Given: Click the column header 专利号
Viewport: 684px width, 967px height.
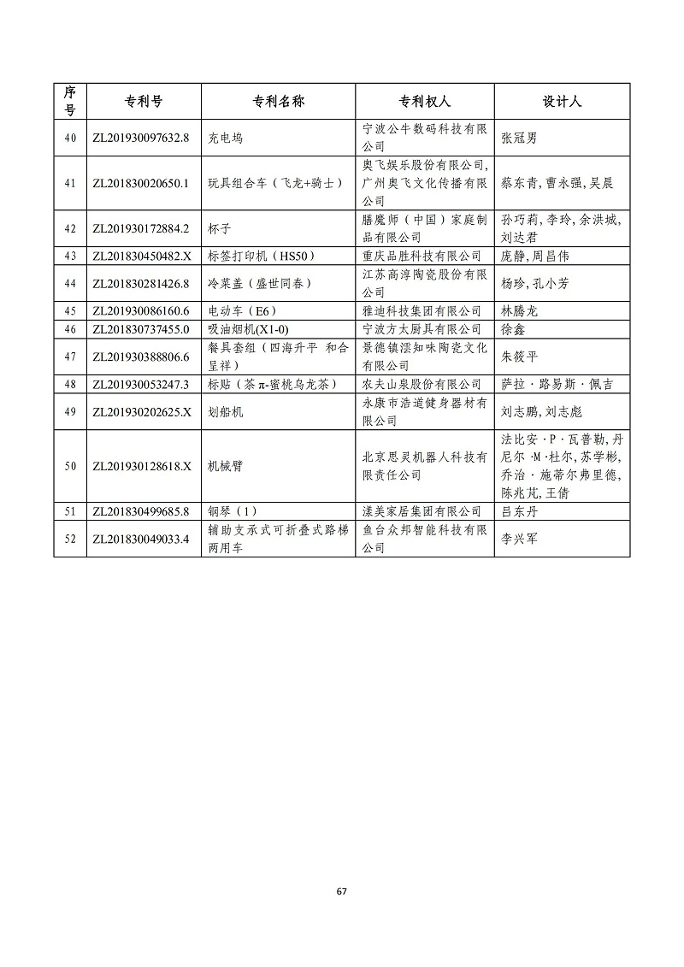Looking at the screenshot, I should pos(144,101).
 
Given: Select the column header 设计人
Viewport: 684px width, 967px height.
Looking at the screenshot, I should pos(562,101).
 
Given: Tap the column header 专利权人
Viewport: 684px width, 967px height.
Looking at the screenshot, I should pos(424,101).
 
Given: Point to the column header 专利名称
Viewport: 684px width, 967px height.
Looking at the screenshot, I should pos(278,101).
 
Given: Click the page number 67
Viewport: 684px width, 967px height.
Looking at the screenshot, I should pos(342,891).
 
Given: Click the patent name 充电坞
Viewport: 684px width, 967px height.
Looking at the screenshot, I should pos(226,137).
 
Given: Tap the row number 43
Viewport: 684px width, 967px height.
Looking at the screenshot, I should pos(70,256).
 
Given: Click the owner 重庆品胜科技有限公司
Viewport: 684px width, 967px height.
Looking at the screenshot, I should pos(422,256).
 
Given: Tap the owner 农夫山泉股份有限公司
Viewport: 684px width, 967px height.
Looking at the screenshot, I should pos(422,384).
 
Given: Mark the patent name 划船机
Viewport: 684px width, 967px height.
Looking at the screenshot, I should pos(226,411).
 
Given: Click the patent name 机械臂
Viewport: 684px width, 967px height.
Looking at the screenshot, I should pos(226,466).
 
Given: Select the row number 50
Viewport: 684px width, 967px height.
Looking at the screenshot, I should pos(70,466).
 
